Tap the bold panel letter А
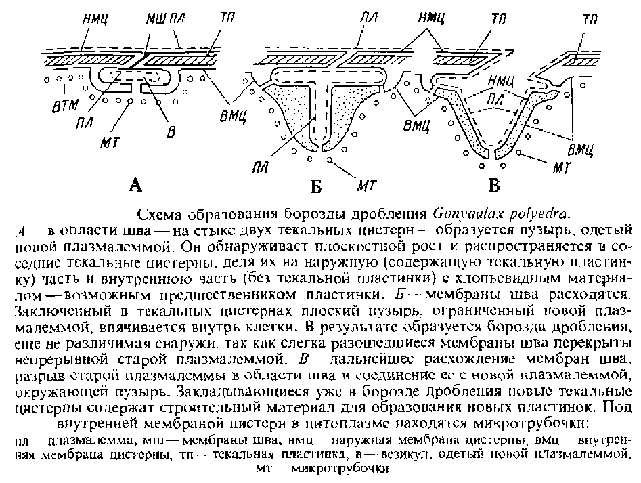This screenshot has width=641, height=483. [x=135, y=184]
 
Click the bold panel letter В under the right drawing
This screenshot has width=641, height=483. [x=496, y=184]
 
